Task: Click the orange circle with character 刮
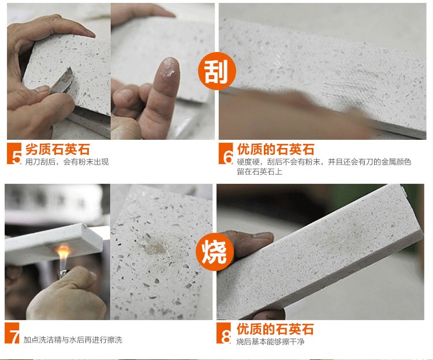pyautogui.click(x=216, y=71)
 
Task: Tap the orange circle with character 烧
pyautogui.click(x=215, y=251)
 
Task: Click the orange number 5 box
pyautogui.click(x=14, y=154)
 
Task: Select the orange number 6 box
pyautogui.click(x=226, y=154)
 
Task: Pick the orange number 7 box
pyautogui.click(x=12, y=333)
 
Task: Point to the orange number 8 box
pyautogui.click(x=223, y=333)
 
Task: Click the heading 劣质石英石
pyautogui.click(x=58, y=150)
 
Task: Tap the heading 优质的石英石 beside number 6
pyautogui.click(x=275, y=149)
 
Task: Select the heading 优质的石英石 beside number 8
pyautogui.click(x=275, y=329)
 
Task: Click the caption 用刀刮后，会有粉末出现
pyautogui.click(x=67, y=162)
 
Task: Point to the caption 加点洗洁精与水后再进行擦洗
pyautogui.click(x=73, y=340)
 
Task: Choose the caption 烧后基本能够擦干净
pyautogui.click(x=270, y=342)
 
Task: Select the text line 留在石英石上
pyautogui.click(x=259, y=172)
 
